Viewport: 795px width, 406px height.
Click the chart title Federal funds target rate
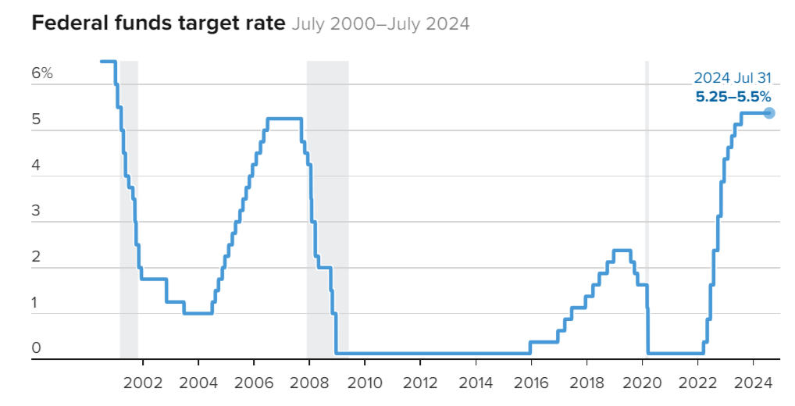click(159, 23)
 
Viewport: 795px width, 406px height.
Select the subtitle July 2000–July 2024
click(380, 24)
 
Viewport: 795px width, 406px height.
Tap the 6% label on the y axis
click(42, 73)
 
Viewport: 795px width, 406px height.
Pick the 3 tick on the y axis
click(36, 212)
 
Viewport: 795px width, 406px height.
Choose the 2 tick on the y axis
click(36, 257)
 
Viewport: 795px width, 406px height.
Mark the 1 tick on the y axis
click(36, 303)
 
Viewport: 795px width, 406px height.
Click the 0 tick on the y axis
click(36, 348)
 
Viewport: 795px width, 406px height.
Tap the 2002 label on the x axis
click(142, 383)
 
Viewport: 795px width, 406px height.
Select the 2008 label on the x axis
click(308, 383)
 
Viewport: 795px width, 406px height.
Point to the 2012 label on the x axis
click(419, 383)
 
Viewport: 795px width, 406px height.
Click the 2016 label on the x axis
click(531, 383)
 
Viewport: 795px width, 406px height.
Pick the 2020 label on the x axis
click(642, 383)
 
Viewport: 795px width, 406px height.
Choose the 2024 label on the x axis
click(753, 383)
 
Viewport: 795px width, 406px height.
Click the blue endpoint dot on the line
click(769, 112)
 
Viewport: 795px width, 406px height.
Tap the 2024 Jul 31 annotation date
click(732, 78)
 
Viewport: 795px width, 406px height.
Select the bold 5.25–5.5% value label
click(733, 97)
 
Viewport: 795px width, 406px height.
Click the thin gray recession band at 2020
click(647, 211)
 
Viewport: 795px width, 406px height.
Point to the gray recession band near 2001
click(129, 211)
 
